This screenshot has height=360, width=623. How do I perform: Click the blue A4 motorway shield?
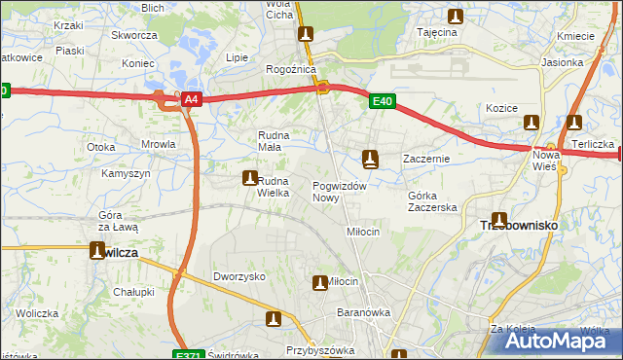(x=192, y=99)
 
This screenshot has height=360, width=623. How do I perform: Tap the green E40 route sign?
(x=382, y=99)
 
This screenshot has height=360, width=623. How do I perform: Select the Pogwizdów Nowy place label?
(x=339, y=192)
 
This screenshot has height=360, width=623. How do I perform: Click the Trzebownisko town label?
(x=519, y=225)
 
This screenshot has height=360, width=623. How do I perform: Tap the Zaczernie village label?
(x=425, y=158)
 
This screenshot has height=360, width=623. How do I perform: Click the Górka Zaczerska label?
(x=431, y=201)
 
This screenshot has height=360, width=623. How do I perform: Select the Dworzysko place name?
(x=239, y=276)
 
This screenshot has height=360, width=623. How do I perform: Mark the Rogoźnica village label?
(x=288, y=70)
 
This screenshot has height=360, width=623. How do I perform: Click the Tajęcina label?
(x=437, y=32)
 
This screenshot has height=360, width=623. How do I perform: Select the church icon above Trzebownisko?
(x=499, y=220)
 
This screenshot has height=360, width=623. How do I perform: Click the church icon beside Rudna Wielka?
(x=249, y=178)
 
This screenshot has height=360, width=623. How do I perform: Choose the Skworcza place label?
(x=134, y=35)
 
